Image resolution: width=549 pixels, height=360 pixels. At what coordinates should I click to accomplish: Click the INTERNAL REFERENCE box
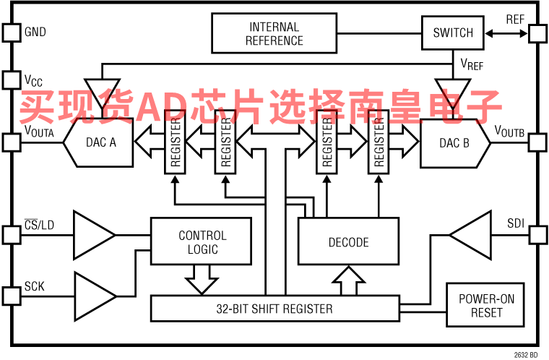click(x=274, y=33)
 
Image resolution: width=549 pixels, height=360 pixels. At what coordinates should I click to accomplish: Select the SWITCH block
click(x=453, y=33)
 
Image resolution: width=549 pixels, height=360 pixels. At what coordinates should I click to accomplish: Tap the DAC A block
click(x=100, y=142)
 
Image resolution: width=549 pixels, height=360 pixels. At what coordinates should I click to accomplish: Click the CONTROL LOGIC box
click(x=202, y=243)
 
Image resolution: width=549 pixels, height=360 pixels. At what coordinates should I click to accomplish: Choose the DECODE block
click(x=348, y=243)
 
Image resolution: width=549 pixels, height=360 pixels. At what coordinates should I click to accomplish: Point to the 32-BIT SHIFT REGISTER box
click(x=274, y=309)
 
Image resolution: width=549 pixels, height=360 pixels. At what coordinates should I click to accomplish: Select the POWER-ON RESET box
click(x=486, y=305)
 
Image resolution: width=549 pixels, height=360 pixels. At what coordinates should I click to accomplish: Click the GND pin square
click(x=12, y=33)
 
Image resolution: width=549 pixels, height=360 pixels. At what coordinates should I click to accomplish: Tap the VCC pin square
click(x=12, y=80)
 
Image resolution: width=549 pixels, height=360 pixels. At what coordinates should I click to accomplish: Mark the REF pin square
click(x=538, y=33)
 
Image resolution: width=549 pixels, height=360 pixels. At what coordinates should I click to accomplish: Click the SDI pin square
click(x=538, y=235)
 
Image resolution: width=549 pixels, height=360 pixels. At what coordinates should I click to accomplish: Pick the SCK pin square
click(x=12, y=296)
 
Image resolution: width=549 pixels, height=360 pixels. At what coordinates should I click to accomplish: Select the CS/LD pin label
click(x=39, y=225)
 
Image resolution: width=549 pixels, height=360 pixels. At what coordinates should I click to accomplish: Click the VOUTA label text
click(x=39, y=131)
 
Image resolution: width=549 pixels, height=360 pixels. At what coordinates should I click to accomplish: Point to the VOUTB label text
click(x=509, y=131)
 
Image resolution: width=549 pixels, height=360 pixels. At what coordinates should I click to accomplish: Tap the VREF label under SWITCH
click(x=472, y=65)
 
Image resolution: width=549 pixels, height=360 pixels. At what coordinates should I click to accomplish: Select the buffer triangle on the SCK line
click(x=94, y=296)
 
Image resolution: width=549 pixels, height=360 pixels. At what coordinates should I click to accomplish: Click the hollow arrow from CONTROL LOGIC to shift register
click(x=202, y=279)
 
